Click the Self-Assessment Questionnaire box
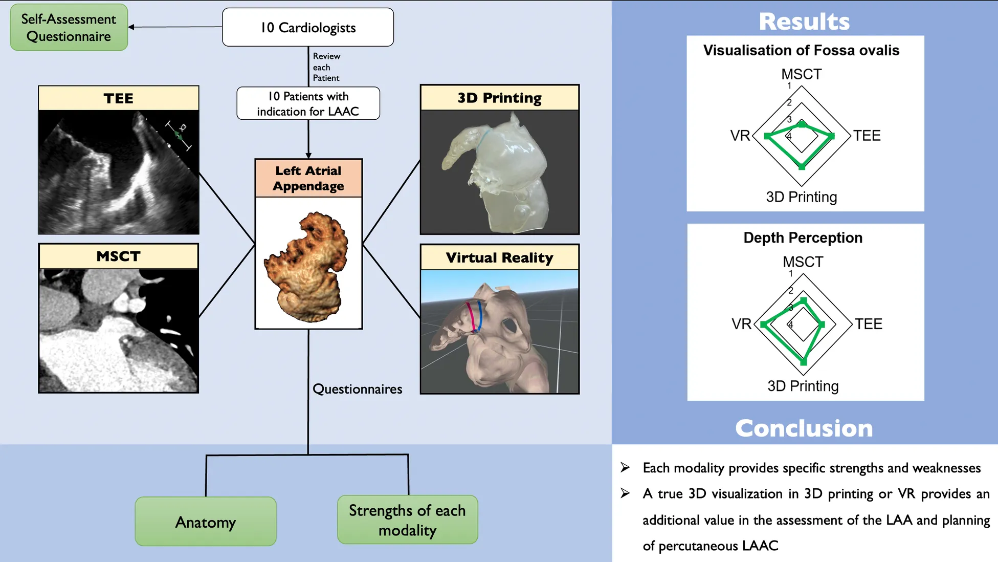(x=69, y=28)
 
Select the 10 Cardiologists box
(x=308, y=28)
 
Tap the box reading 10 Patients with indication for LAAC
(x=308, y=103)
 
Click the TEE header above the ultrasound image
(x=118, y=98)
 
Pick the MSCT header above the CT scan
(x=118, y=256)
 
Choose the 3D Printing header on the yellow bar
(x=499, y=98)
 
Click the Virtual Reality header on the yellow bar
(x=499, y=257)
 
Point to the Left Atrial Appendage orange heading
(x=308, y=178)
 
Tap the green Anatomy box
(x=206, y=522)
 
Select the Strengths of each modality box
(x=407, y=520)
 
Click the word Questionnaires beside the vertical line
(x=357, y=389)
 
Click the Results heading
(x=804, y=21)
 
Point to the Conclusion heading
(x=804, y=428)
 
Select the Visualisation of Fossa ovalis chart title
(x=801, y=50)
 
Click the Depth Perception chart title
(x=803, y=237)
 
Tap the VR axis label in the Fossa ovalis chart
(x=740, y=136)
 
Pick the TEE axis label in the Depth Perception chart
(x=869, y=324)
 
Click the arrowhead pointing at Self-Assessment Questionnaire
(x=131, y=27)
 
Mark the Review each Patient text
(x=326, y=67)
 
